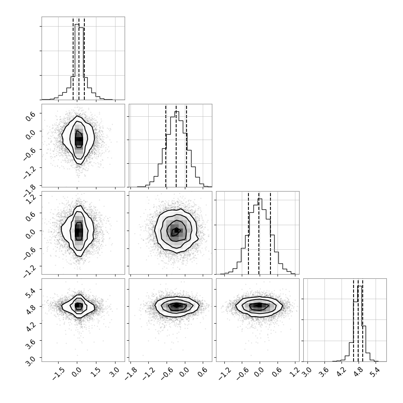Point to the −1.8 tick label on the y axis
[29, 190]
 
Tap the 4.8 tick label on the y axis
[30, 310]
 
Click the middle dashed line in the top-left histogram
[79, 59]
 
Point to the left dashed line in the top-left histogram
[73, 59]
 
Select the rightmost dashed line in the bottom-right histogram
[362, 320]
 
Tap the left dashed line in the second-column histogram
[166, 146]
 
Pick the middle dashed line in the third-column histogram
[259, 233]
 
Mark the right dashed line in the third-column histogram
[270, 233]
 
